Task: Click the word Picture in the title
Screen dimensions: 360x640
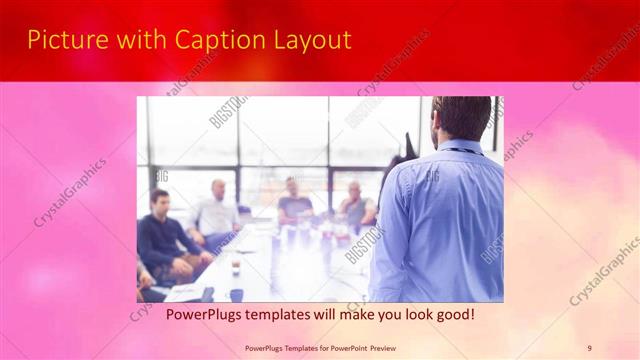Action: pos(63,40)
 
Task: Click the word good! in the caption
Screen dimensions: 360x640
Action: pos(452,314)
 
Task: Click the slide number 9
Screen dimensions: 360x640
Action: pos(589,348)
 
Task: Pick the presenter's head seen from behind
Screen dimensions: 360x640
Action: pos(462,118)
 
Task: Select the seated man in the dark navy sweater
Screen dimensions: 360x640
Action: pos(165,240)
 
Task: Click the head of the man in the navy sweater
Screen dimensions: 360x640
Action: pos(158,200)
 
